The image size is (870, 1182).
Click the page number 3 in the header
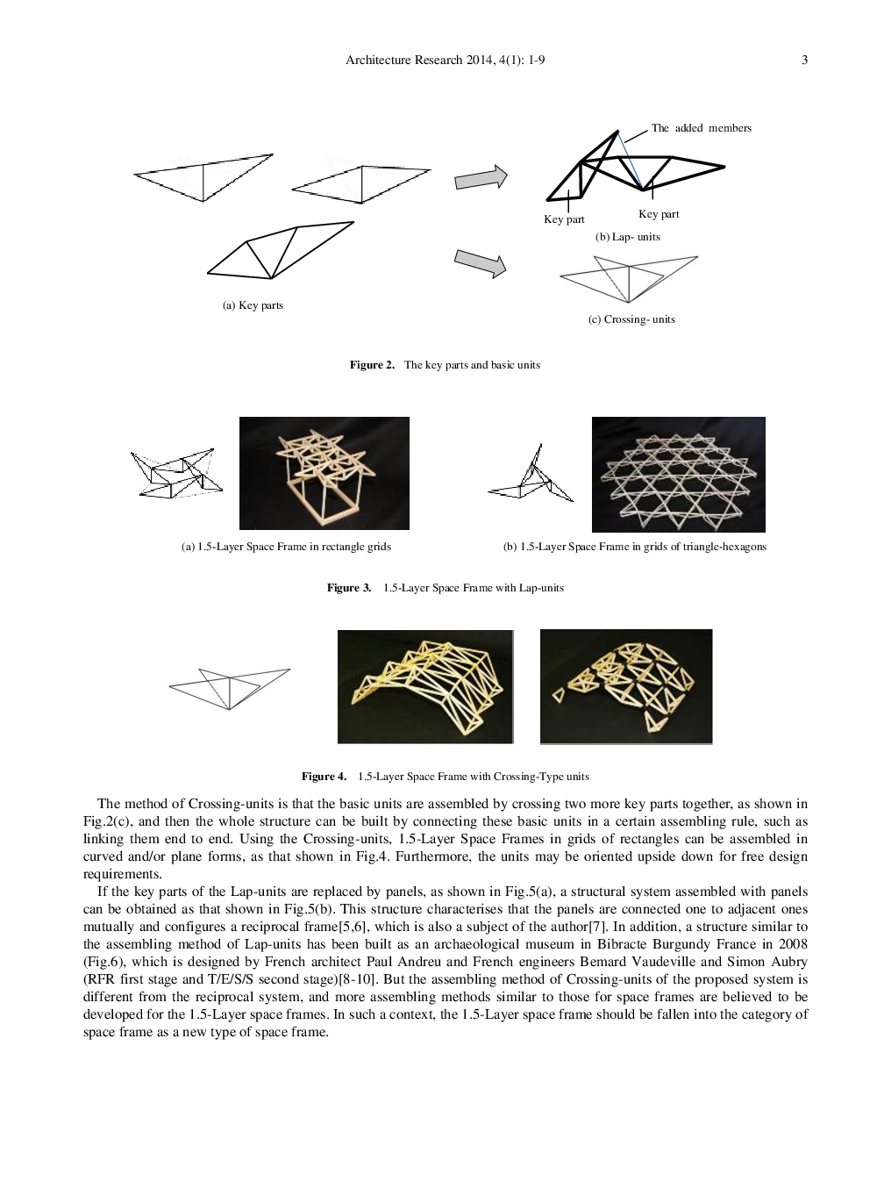coord(804,60)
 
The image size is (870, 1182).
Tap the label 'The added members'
coord(701,128)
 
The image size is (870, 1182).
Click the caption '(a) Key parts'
coord(253,305)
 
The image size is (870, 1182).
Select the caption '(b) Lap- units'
coord(628,237)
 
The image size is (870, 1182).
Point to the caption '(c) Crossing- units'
coord(631,319)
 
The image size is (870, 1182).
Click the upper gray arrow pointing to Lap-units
coord(481,177)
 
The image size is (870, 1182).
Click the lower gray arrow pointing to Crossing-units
coord(480,262)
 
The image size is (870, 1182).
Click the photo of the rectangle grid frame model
coord(324,473)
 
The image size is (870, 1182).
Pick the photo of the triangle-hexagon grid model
coord(678,474)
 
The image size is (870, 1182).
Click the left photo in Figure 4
coord(424,686)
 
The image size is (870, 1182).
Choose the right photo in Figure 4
coord(626,686)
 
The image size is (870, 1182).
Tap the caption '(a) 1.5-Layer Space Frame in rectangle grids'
coord(286,547)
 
